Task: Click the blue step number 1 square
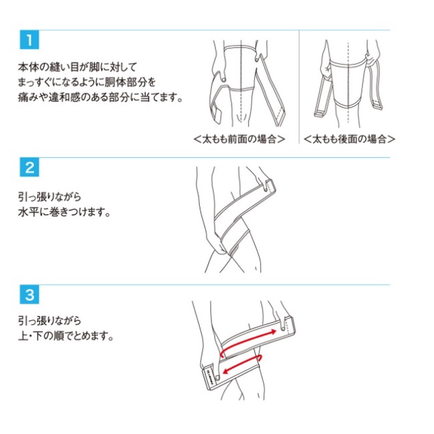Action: click(x=29, y=39)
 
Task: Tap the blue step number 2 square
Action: click(x=29, y=167)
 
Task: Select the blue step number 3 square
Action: click(x=29, y=294)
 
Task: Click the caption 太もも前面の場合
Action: click(x=239, y=138)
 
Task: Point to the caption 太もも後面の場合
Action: click(x=349, y=138)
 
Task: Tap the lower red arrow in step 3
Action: click(x=243, y=364)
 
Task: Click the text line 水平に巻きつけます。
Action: click(x=64, y=212)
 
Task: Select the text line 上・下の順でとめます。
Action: click(x=66, y=336)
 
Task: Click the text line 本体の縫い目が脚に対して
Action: click(x=78, y=67)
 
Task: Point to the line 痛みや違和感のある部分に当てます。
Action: click(x=100, y=97)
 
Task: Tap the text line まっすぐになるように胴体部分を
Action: click(x=87, y=82)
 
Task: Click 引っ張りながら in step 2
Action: click(x=50, y=197)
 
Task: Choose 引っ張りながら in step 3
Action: click(x=50, y=321)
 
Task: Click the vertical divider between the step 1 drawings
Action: click(x=299, y=87)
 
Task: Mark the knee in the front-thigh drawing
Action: click(x=240, y=116)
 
